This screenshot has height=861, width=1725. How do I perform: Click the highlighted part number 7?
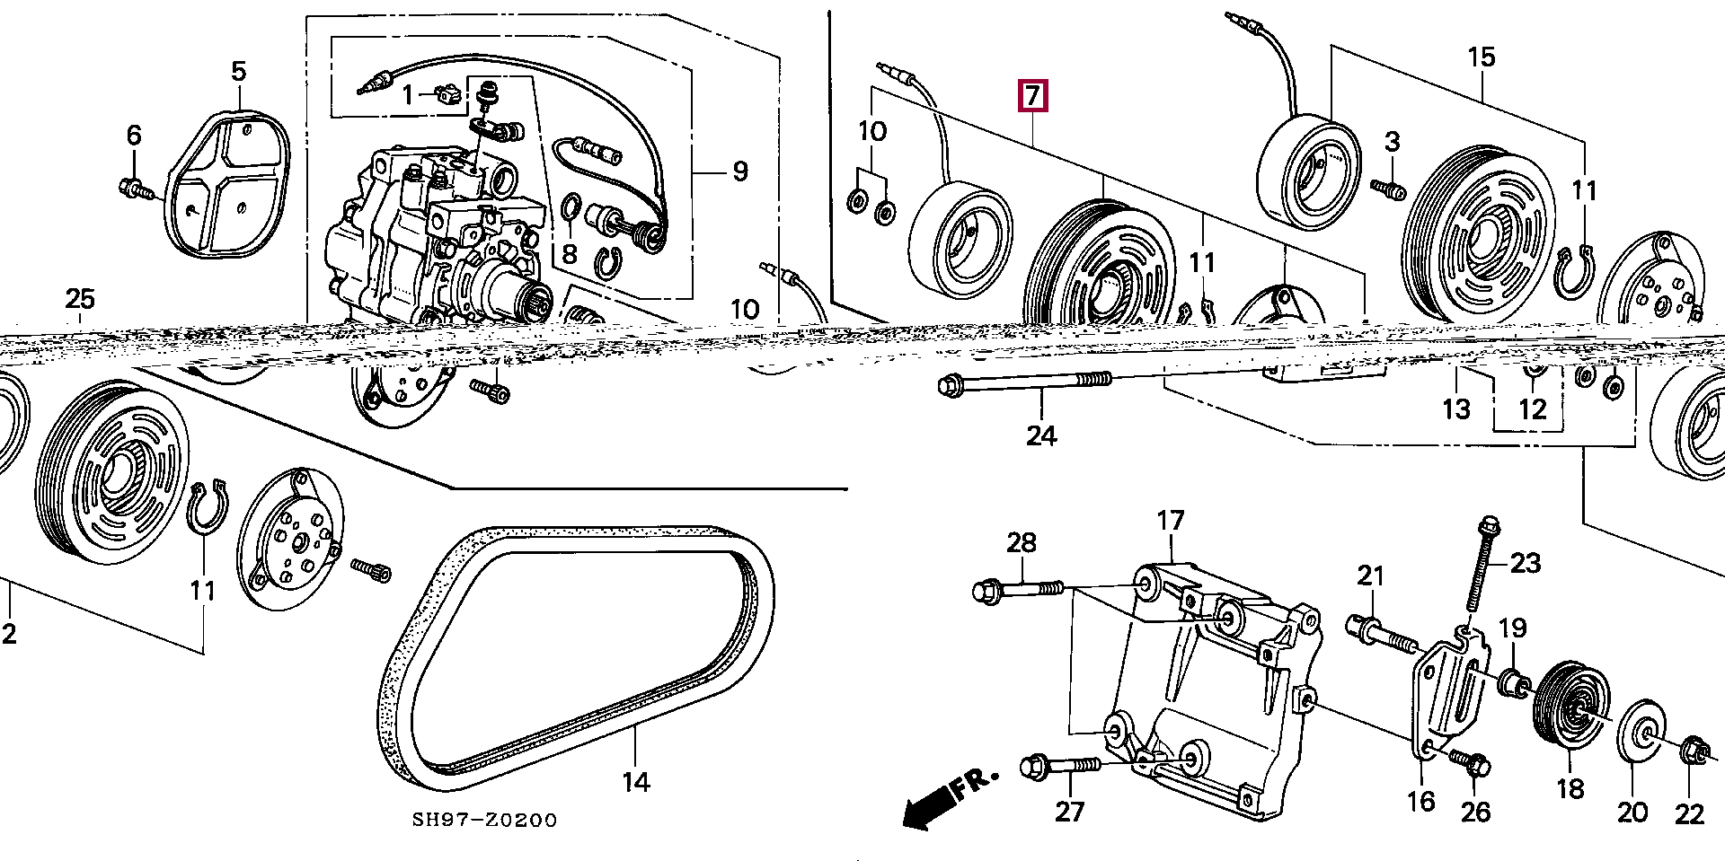[x=1032, y=95]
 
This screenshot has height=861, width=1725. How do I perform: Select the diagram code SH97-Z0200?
[x=484, y=820]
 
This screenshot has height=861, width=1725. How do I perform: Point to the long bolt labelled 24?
[x=1023, y=383]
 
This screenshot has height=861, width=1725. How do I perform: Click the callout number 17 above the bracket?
[x=1171, y=521]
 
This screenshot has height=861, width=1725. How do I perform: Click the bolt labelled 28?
[x=1018, y=590]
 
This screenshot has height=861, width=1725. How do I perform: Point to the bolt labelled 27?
[x=1060, y=767]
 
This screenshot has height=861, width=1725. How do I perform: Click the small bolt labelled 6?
[x=133, y=188]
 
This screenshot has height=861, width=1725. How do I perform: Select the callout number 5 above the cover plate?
[x=238, y=71]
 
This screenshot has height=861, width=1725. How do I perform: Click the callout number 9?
[x=739, y=171]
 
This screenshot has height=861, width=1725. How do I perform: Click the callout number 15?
[x=1481, y=57]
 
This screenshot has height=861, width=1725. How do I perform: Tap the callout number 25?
[x=80, y=299]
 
